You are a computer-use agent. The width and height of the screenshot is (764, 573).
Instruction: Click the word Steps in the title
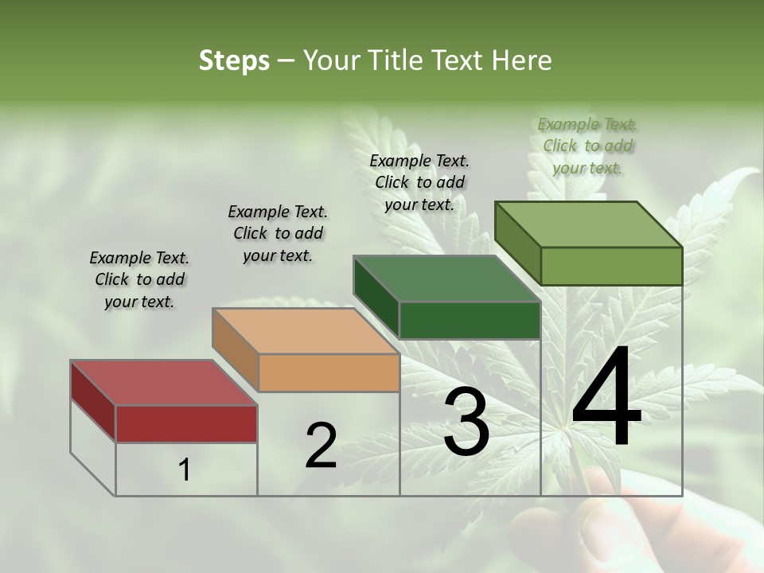click(x=234, y=60)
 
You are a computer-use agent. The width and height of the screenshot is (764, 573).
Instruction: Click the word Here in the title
click(x=522, y=60)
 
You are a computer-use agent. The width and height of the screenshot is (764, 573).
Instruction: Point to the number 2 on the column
click(x=321, y=446)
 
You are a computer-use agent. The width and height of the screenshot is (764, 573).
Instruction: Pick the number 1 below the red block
click(x=185, y=470)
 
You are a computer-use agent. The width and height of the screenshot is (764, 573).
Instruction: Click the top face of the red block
click(x=163, y=383)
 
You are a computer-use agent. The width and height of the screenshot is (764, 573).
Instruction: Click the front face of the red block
click(x=186, y=423)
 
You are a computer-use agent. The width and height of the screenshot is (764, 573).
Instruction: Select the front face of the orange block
click(x=329, y=372)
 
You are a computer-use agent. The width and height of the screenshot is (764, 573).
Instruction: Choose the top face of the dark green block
click(x=446, y=279)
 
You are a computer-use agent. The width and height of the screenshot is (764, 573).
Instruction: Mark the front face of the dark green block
click(x=470, y=320)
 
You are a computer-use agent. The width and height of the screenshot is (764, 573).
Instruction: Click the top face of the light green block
click(x=588, y=224)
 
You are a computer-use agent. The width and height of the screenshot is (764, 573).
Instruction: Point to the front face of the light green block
click(x=611, y=266)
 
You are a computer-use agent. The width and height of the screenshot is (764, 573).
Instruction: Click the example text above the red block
click(x=139, y=279)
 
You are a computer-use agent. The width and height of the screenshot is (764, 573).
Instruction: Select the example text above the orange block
click(x=278, y=233)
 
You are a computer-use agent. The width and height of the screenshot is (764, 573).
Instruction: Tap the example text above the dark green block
click(x=419, y=182)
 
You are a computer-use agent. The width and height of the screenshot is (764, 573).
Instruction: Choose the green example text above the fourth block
click(x=587, y=146)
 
